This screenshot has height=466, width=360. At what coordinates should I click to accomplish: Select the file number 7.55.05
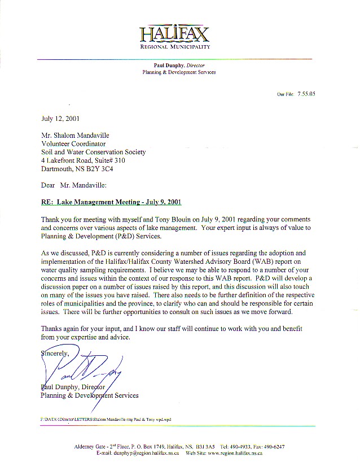[x=306, y=94]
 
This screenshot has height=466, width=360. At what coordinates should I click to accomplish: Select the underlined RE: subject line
[x=111, y=202]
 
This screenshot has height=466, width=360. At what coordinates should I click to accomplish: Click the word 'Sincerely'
[x=55, y=354]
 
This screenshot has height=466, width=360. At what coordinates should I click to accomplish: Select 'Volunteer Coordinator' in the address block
[x=73, y=143]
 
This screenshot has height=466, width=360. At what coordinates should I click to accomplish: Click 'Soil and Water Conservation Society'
[x=94, y=152]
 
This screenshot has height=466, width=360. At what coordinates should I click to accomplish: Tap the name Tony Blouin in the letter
[x=150, y=219]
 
